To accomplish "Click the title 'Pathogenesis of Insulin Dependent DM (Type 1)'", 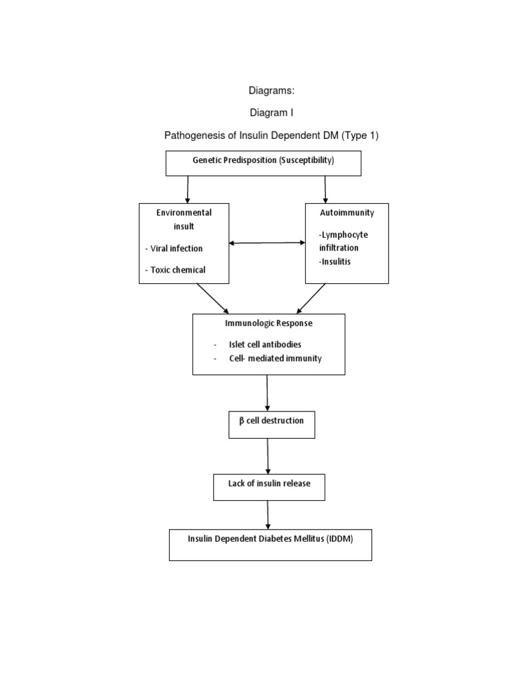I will [x=271, y=136].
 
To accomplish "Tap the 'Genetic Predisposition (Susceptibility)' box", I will [x=263, y=162].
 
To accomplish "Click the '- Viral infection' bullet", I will [x=174, y=248].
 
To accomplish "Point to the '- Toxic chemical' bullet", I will [x=175, y=270].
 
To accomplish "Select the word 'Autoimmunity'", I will [x=347, y=212].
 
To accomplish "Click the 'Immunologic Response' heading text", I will [x=269, y=323].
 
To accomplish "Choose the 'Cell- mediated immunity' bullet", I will [x=275, y=359].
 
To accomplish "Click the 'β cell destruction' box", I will [x=271, y=421].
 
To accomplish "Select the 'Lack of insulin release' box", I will [x=269, y=484].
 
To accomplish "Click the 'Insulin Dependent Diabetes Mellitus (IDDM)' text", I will [x=270, y=539].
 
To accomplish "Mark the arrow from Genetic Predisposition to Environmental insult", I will [x=188, y=189].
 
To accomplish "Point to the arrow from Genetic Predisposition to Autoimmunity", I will [x=325, y=189].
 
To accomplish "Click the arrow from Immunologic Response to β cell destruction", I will [x=268, y=392].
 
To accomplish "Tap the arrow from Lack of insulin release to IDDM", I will [x=268, y=514].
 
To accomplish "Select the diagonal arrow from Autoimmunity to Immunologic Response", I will [x=311, y=299].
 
